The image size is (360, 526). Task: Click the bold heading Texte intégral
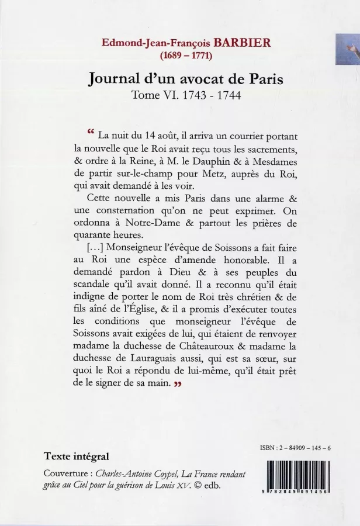point(76,456)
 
